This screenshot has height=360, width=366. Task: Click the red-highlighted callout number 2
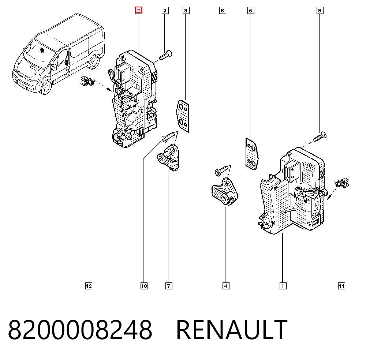click(x=139, y=11)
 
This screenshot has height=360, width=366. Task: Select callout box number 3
click(x=165, y=11)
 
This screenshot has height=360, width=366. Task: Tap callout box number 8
click(x=186, y=11)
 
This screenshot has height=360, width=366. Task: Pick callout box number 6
click(x=223, y=11)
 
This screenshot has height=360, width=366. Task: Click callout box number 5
click(x=251, y=11)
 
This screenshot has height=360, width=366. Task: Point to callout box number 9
click(x=320, y=11)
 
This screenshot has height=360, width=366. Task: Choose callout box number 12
click(x=89, y=286)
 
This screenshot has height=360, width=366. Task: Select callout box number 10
click(x=144, y=286)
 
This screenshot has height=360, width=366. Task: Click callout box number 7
click(x=169, y=286)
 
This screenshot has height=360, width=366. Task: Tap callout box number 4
click(x=226, y=286)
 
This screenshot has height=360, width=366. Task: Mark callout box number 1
click(x=283, y=286)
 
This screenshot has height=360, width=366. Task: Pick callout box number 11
click(x=341, y=286)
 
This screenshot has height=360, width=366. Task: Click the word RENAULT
click(x=232, y=330)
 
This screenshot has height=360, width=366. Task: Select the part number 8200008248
click(x=80, y=330)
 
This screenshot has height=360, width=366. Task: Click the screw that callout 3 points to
click(x=165, y=55)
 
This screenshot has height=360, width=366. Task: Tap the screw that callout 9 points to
click(x=320, y=136)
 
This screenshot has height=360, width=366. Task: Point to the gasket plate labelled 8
click(x=183, y=116)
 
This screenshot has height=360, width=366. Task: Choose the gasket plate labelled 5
click(x=252, y=154)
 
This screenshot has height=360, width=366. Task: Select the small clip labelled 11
click(x=341, y=182)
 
